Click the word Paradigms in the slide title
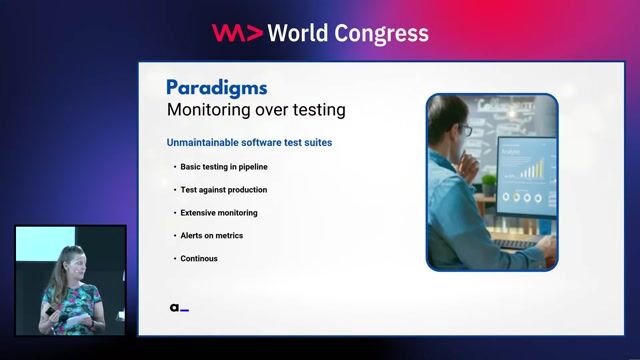[x=216, y=87]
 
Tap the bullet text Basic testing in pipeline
[x=224, y=166]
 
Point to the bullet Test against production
[x=223, y=189]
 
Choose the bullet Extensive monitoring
[x=218, y=213]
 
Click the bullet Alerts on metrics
[x=211, y=236]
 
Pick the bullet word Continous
[x=199, y=259]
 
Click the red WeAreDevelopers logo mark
[x=237, y=33]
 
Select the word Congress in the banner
[x=384, y=34]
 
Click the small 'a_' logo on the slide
[x=179, y=308]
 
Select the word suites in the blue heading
[x=315, y=143]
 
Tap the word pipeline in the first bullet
[x=251, y=166]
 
